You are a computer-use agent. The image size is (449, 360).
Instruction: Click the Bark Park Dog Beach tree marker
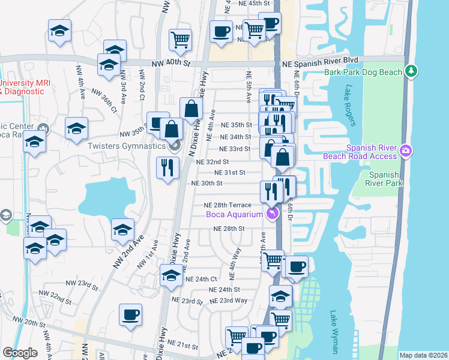point(411,71)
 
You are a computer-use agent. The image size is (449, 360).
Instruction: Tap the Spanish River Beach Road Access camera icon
point(406,150)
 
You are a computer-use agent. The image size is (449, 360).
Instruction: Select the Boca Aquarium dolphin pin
point(273,214)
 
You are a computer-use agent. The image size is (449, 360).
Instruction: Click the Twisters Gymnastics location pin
point(175,146)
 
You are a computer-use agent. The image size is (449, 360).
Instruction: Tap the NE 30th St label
point(206,183)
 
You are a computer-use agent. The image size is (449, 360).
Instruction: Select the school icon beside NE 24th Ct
point(172,275)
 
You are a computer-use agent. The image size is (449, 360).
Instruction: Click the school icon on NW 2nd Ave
point(122,230)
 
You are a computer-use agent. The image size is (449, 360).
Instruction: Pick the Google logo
point(20,353)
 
